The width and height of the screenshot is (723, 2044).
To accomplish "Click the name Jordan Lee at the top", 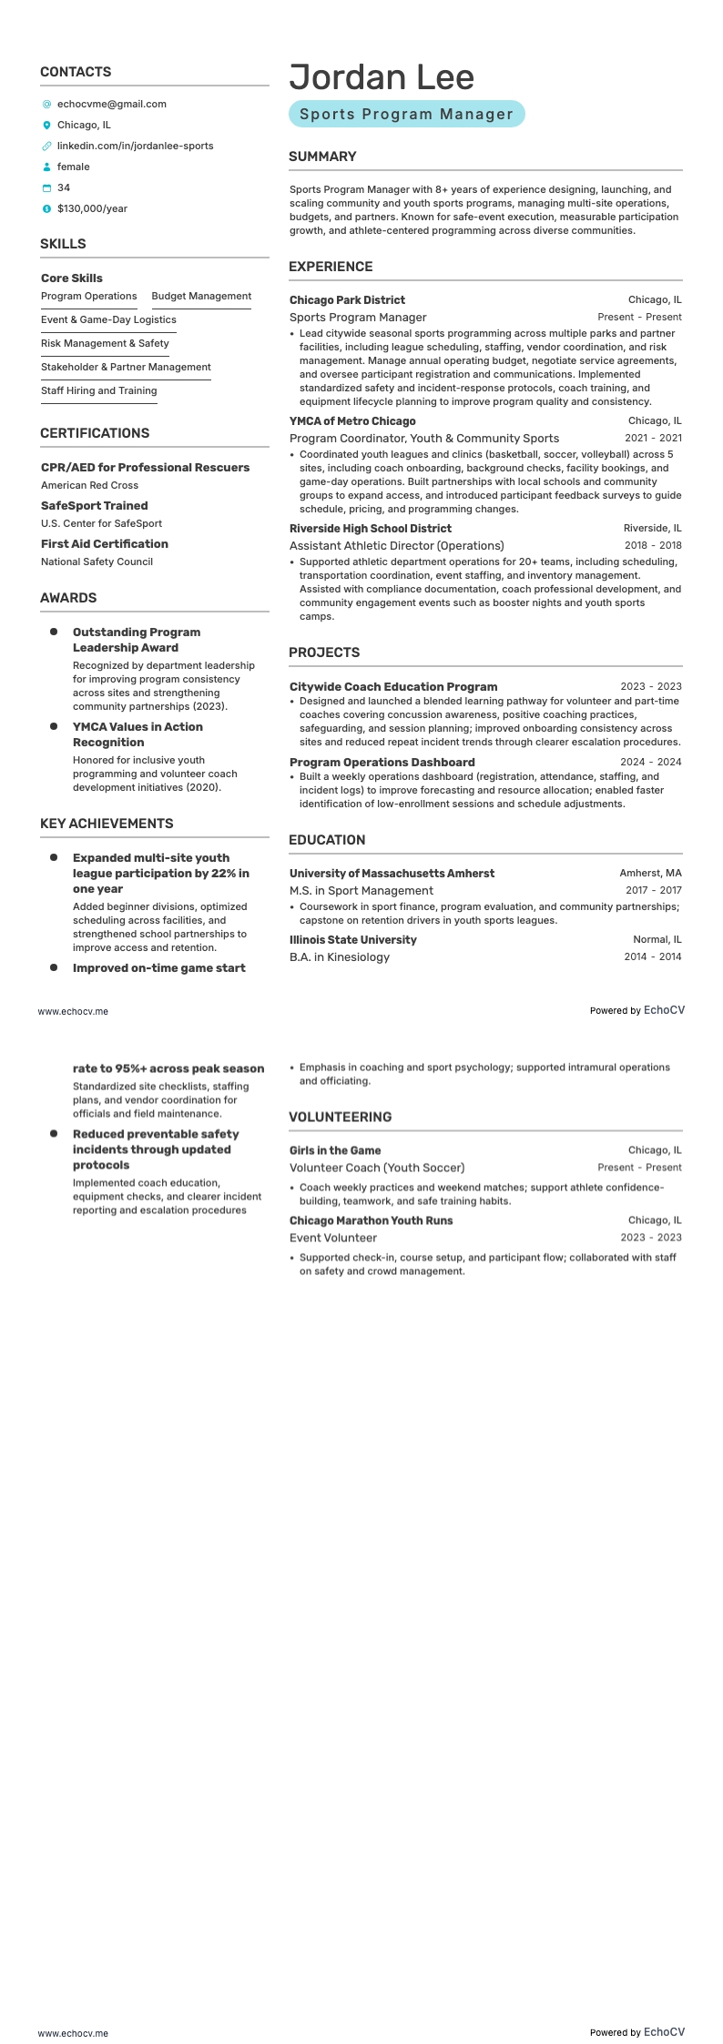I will (382, 77).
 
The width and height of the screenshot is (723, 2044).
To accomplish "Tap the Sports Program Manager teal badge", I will (406, 114).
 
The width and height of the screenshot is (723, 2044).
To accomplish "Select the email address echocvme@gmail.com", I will (111, 104).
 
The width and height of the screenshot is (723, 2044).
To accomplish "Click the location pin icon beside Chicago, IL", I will (46, 125).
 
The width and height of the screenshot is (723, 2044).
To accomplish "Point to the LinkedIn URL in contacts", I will (135, 146).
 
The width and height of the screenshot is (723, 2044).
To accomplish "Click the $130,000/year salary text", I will (92, 208).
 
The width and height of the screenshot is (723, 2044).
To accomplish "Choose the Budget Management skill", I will (201, 296).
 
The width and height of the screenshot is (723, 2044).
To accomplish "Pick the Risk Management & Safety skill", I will (105, 343).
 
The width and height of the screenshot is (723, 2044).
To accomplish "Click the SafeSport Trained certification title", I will (94, 505).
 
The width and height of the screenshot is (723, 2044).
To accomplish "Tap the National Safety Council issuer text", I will (97, 562).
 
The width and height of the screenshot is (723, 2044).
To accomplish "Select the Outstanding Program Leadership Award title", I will (137, 640).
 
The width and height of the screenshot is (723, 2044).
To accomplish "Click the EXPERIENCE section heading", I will (331, 267).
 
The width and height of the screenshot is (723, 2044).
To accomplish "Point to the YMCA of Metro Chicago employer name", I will (352, 421).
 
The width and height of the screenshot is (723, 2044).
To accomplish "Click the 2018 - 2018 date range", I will (653, 545).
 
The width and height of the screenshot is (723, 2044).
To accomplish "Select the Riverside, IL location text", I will (652, 528).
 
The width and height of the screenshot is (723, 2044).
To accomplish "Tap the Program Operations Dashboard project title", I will (382, 762).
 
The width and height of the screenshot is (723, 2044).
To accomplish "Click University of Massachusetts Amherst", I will (392, 873).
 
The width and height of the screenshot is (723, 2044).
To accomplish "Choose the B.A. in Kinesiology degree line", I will (339, 956).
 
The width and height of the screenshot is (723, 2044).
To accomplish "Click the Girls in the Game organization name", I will (335, 1150).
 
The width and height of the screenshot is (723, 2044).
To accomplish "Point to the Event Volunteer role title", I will (332, 1238).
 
